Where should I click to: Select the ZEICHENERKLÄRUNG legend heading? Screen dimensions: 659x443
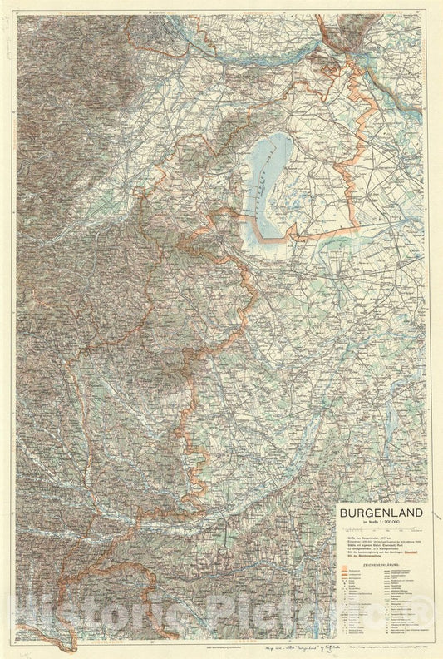(380, 563)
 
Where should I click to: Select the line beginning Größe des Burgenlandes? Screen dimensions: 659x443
(366, 537)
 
